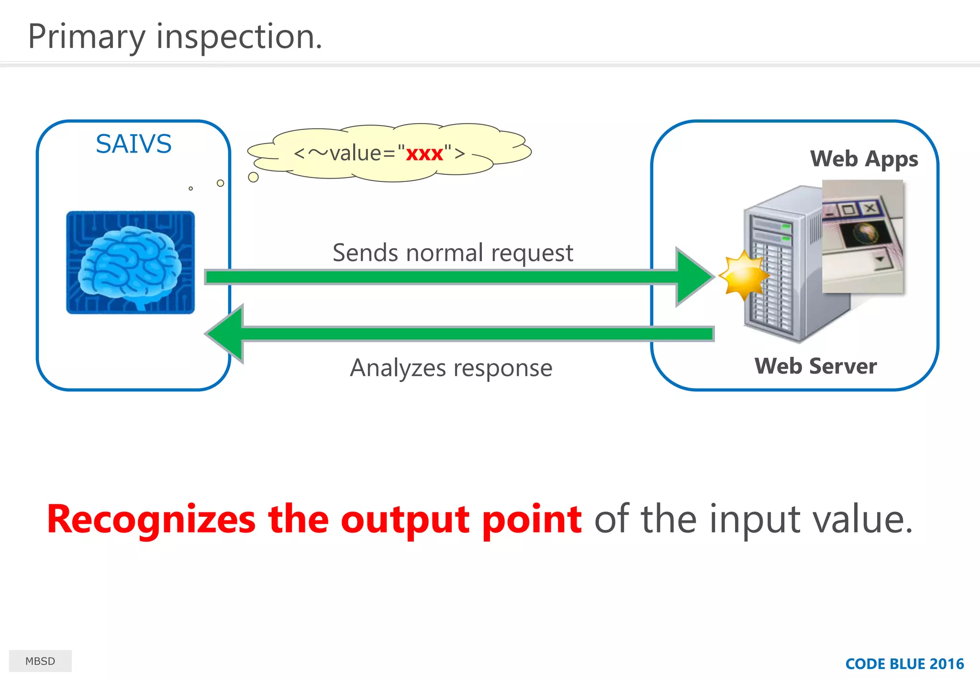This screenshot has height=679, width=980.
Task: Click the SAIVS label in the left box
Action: click(x=134, y=144)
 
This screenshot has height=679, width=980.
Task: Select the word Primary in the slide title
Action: click(x=86, y=37)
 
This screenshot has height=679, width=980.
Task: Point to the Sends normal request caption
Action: click(x=452, y=253)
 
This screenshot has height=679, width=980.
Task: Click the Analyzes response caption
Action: click(x=451, y=368)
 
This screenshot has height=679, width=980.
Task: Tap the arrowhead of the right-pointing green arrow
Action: click(x=694, y=277)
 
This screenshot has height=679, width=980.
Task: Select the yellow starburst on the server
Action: click(x=743, y=275)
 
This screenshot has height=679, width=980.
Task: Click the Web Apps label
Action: click(x=864, y=158)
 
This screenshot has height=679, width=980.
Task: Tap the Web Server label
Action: click(x=815, y=366)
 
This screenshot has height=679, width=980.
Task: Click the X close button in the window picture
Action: click(x=870, y=208)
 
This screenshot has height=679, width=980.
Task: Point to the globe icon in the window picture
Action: click(x=865, y=233)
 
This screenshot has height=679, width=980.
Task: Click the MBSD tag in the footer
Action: click(x=40, y=661)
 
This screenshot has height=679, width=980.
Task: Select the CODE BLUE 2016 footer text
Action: click(x=904, y=664)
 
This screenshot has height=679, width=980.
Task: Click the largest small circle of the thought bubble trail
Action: click(x=254, y=177)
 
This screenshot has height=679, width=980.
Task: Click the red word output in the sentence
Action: click(x=405, y=520)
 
